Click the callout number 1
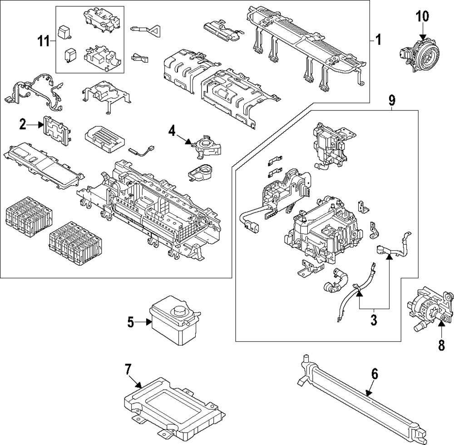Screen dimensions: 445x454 (x=378, y=40)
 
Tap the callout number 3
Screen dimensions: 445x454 (x=374, y=320)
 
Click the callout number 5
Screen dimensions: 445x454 (x=131, y=322)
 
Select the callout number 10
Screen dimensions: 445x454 (x=422, y=17)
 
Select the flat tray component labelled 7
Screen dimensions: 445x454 (x=175, y=402)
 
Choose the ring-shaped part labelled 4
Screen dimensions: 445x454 (x=207, y=147)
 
